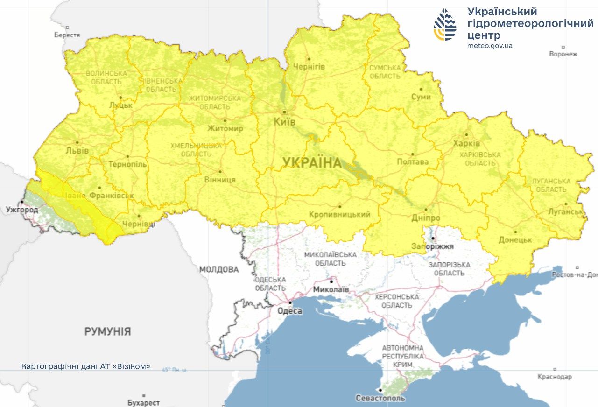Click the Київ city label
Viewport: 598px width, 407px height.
(284, 122)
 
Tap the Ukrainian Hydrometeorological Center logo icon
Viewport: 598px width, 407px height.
(445, 25)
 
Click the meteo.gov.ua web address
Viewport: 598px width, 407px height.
(490, 46)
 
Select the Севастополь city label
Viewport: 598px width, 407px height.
(380, 399)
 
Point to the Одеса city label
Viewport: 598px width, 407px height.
(289, 311)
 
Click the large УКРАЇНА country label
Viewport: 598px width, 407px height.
(312, 163)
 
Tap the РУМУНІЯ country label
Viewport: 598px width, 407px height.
(107, 332)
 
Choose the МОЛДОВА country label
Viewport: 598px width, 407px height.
(219, 270)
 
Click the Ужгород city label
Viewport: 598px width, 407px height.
(22, 210)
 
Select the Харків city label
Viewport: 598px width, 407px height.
(466, 143)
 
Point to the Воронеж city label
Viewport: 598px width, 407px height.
(563, 54)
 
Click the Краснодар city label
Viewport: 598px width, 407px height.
(555, 377)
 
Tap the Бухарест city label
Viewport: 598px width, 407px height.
(144, 402)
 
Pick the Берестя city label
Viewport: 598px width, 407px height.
(67, 35)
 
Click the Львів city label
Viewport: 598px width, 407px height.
(77, 150)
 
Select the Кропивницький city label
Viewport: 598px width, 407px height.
(339, 215)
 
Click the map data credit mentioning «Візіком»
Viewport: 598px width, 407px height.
(86, 366)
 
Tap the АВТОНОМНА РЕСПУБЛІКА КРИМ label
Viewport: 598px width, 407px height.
(402, 356)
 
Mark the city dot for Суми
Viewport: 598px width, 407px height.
(421, 89)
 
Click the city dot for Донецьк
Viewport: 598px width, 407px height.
(515, 232)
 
